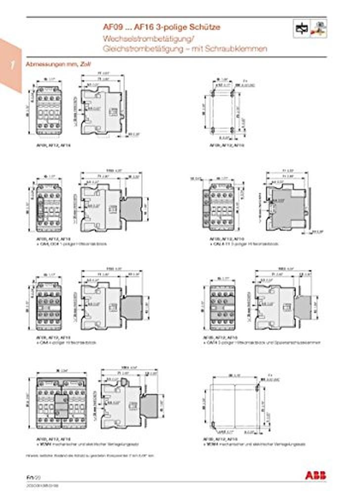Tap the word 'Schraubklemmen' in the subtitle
[x=243, y=49]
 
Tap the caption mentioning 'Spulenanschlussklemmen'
[x=262, y=343]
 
